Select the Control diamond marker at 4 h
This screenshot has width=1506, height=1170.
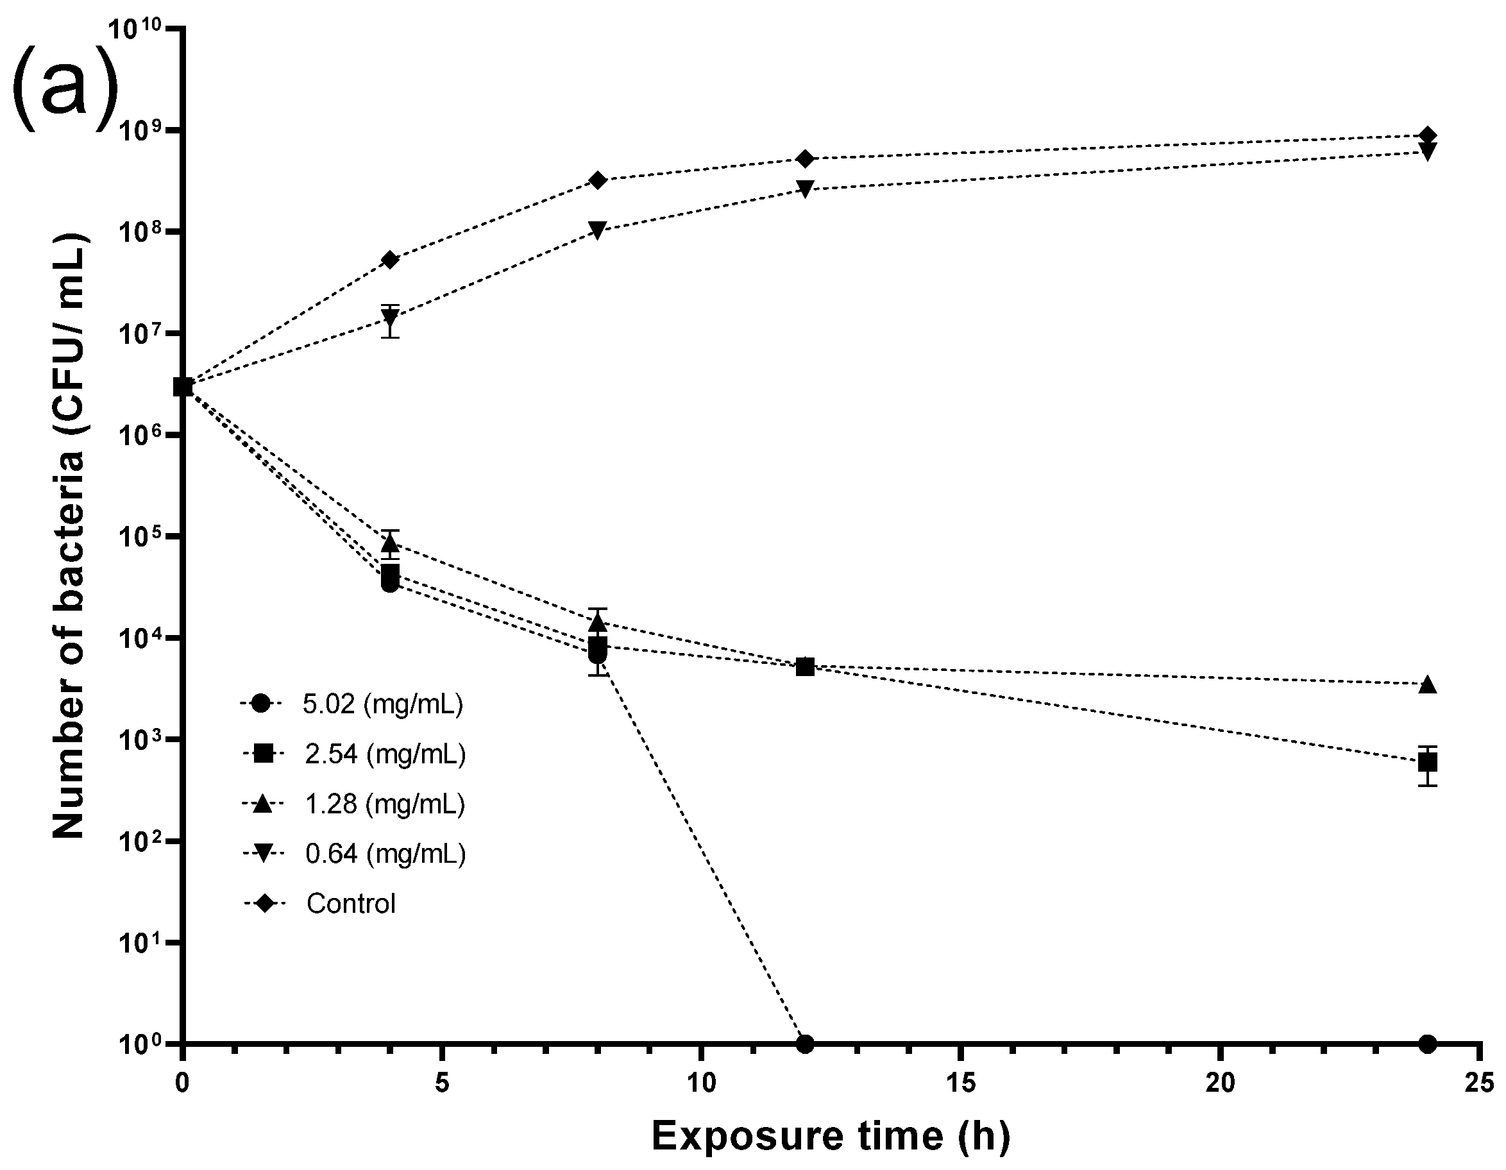click(x=391, y=260)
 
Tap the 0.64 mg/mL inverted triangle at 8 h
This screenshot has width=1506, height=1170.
click(x=598, y=230)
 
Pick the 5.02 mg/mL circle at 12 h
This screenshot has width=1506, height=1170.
click(x=805, y=1044)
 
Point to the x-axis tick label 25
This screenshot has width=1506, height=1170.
click(x=1479, y=1085)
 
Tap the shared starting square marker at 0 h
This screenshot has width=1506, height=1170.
click(x=183, y=387)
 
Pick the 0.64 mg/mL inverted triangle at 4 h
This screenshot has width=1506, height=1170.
click(x=391, y=319)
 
